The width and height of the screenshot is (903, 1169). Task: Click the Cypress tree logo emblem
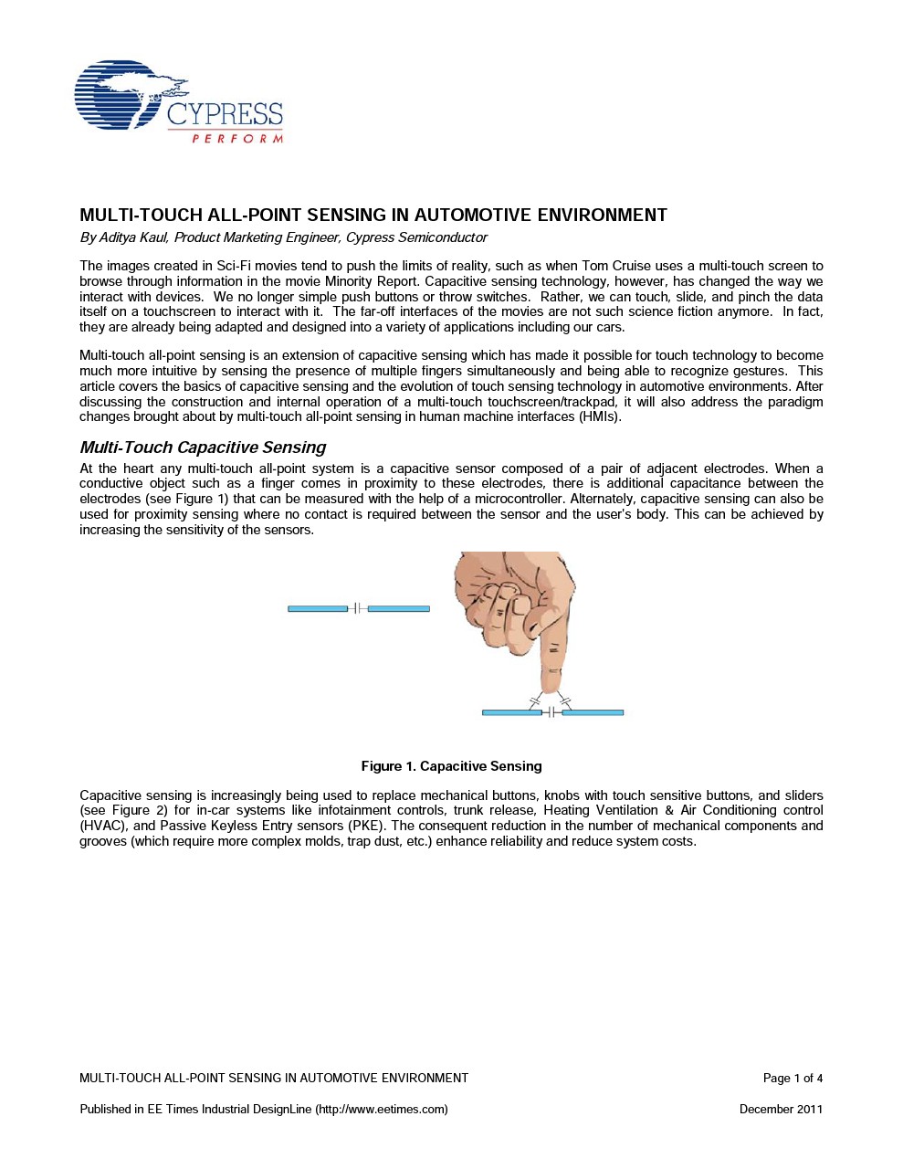tap(123, 94)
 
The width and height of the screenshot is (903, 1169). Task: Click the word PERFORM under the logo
tap(237, 139)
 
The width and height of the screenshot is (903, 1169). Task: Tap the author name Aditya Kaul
tap(132, 238)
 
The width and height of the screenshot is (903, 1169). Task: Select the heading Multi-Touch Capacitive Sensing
tap(203, 448)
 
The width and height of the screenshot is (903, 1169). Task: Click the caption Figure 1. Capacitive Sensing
tap(451, 766)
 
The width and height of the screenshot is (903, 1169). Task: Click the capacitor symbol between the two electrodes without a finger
tap(358, 608)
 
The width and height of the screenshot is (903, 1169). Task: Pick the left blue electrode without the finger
tap(318, 608)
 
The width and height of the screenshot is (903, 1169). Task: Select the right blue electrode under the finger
tap(593, 712)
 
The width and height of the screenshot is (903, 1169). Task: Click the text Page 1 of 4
tap(793, 1079)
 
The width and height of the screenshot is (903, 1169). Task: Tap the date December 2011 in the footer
tap(781, 1110)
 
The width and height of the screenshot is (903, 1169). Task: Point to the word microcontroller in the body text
tap(518, 500)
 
